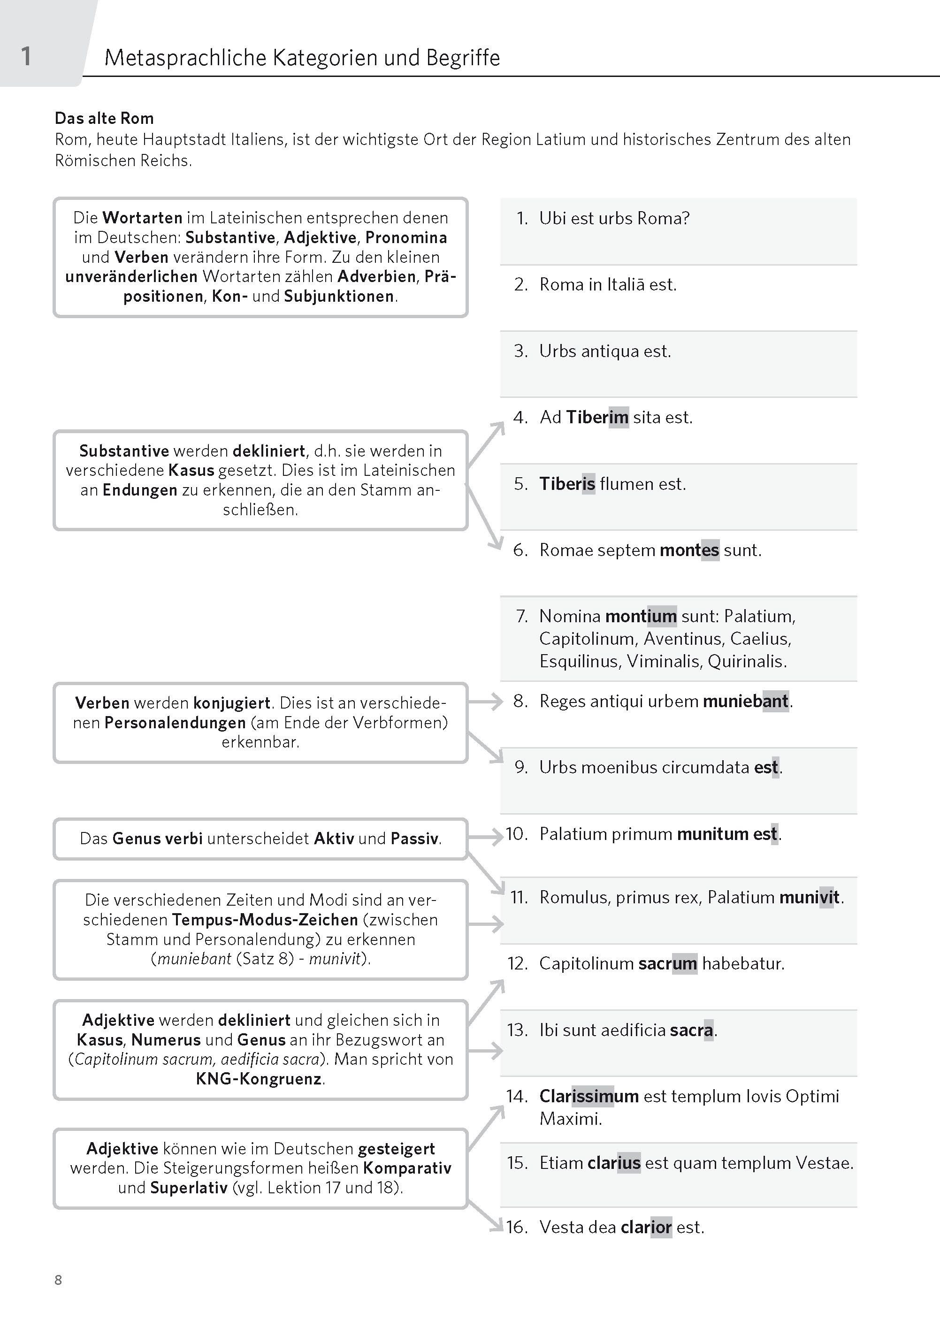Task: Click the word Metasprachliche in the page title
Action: (185, 58)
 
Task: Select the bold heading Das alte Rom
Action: (104, 118)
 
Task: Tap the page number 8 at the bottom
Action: (58, 1279)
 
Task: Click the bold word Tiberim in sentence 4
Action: (597, 417)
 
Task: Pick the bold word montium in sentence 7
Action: (640, 616)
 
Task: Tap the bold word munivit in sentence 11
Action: (809, 898)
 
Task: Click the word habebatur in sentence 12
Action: (743, 963)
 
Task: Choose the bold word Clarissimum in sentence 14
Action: (588, 1096)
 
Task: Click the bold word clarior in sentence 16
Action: (646, 1227)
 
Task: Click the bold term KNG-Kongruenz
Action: (259, 1079)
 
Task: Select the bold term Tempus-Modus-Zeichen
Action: (265, 919)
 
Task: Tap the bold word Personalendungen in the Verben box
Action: (175, 723)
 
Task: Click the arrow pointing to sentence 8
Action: (485, 702)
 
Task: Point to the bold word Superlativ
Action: (188, 1187)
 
